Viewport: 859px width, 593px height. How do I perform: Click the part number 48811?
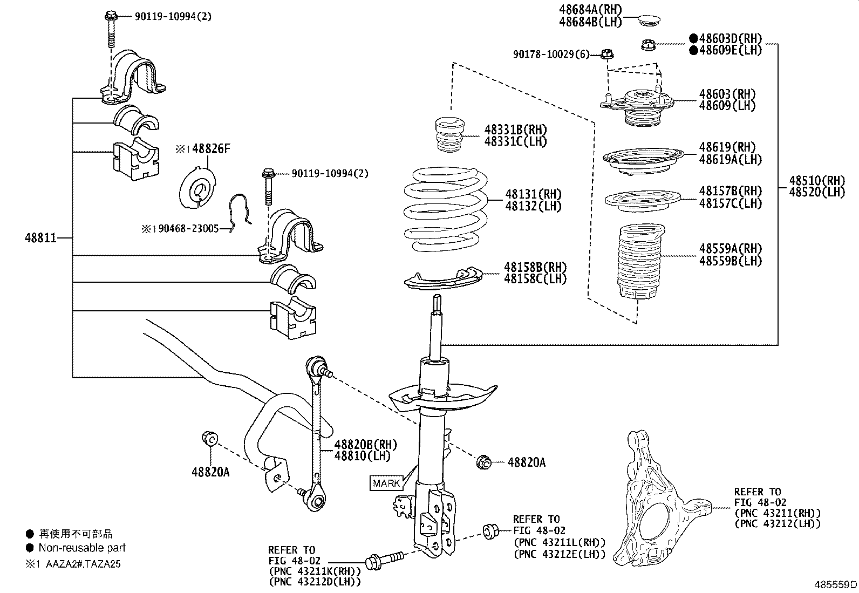(40, 237)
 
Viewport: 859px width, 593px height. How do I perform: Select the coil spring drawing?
(445, 210)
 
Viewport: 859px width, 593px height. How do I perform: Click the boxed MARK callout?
(386, 483)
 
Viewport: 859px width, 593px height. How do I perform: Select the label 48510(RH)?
(816, 180)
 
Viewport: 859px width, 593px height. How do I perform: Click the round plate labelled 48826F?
(197, 189)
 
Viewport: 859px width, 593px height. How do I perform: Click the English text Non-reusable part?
(82, 548)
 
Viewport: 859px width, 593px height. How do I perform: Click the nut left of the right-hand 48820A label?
(483, 462)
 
